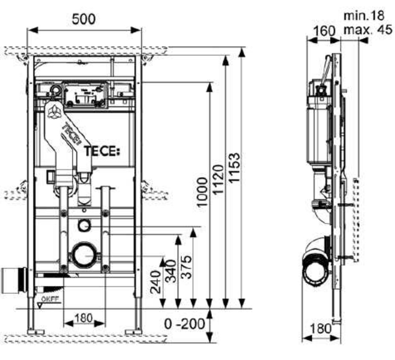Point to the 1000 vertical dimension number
pos(202,193)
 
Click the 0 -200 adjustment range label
pos(185,324)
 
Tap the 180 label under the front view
pos(83,317)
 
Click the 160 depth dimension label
pos(324,30)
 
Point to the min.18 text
pos(363,16)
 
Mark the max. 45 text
pos(367,30)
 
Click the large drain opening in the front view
pos(84,255)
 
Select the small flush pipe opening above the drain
pos(84,225)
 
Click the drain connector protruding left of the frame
pos(13,280)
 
